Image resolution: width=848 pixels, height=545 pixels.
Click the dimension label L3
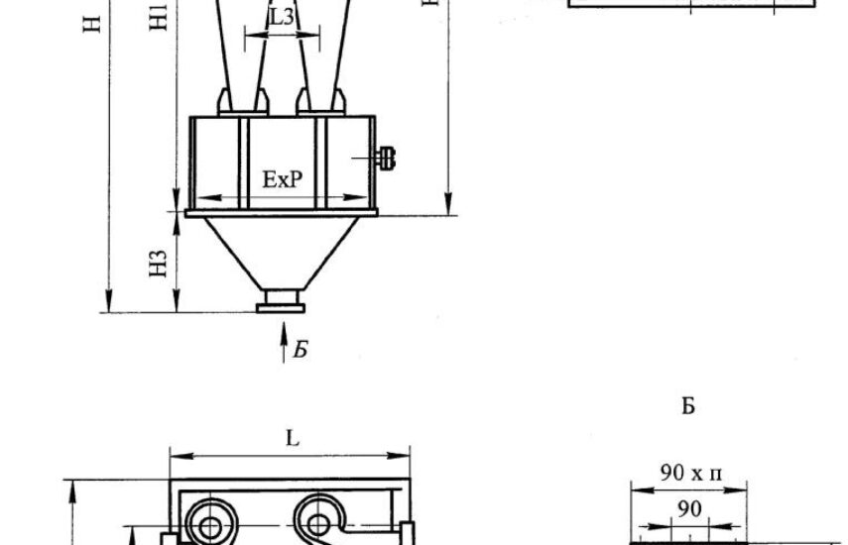click(282, 17)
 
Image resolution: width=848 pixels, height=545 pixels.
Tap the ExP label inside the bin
click(283, 179)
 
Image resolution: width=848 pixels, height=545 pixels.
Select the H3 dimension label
click(158, 264)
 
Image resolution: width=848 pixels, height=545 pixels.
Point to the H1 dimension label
click(159, 16)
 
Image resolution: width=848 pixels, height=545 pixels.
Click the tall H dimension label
click(92, 24)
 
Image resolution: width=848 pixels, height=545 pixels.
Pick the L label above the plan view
click(292, 438)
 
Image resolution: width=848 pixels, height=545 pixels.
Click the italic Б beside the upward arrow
click(301, 350)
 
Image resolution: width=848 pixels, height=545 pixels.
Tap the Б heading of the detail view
click(688, 406)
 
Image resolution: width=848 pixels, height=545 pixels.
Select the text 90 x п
click(690, 474)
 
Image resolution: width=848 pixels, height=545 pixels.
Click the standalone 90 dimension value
click(689, 508)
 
